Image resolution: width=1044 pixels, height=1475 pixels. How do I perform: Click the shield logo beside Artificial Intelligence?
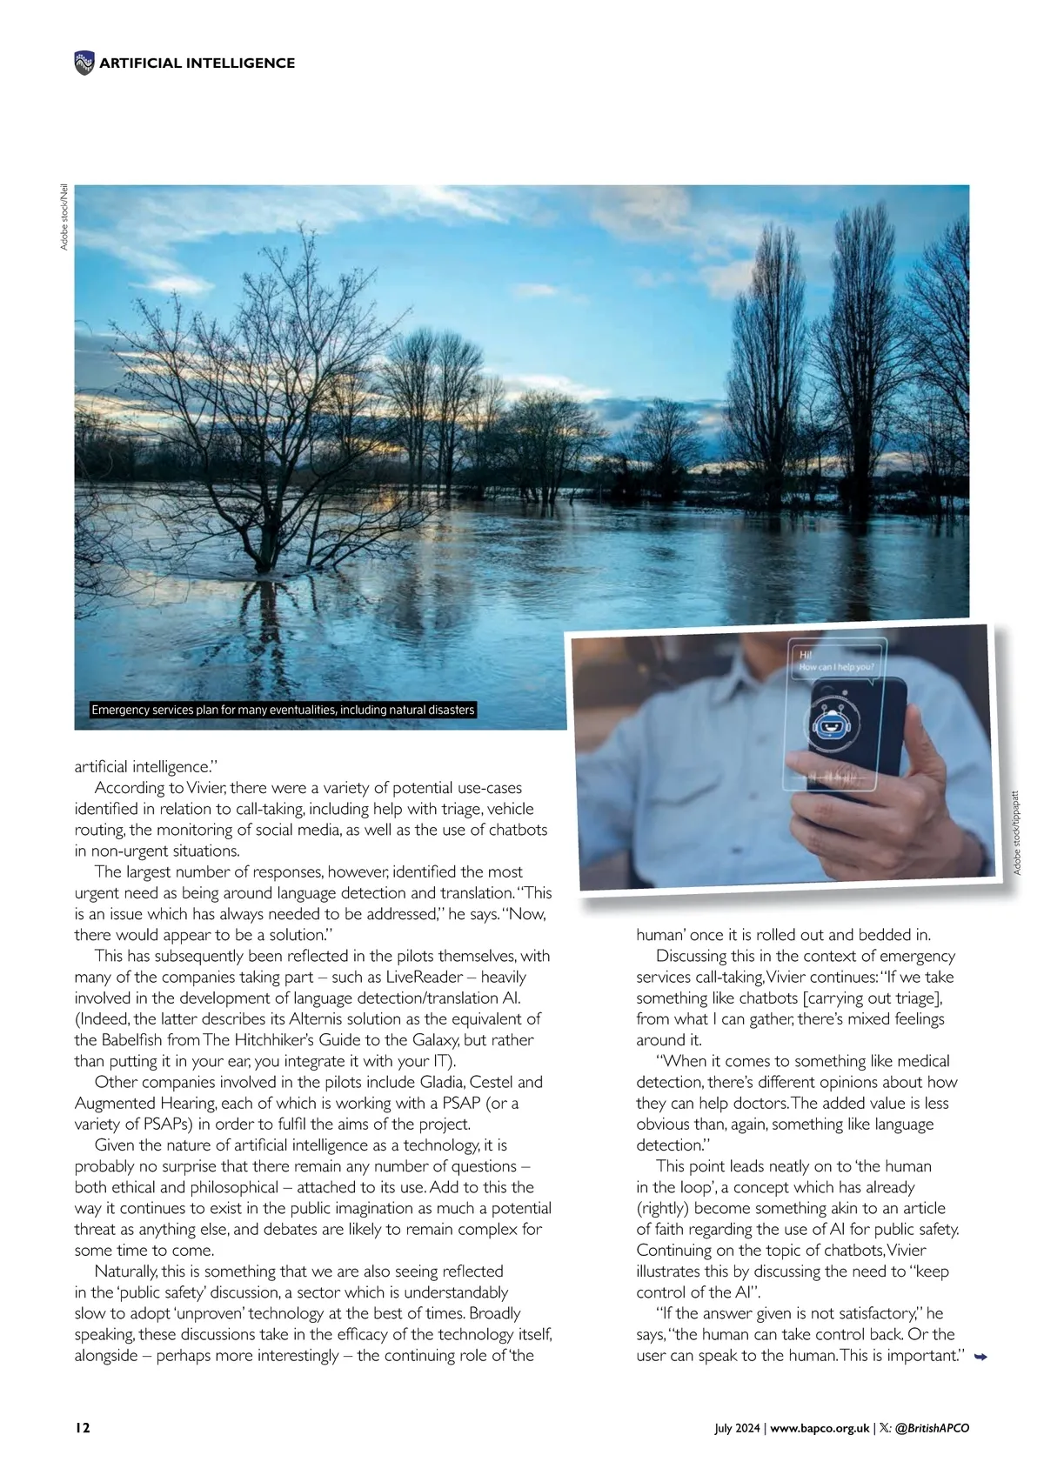coord(84,63)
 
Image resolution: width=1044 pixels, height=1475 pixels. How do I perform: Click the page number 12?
coord(82,1428)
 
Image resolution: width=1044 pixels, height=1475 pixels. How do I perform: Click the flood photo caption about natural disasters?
coord(284,710)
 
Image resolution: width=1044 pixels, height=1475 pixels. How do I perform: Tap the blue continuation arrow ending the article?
coord(980,1356)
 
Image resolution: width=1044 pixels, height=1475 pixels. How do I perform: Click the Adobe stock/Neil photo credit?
coord(64,217)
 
